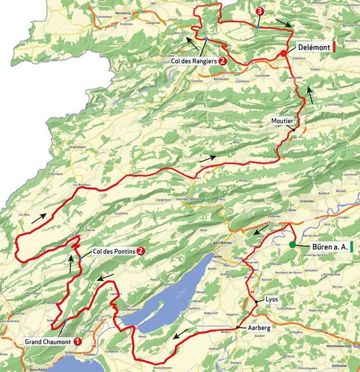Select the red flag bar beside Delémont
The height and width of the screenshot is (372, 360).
point(334,48)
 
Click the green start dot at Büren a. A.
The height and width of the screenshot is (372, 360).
point(292,245)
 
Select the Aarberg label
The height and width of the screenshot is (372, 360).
point(261,328)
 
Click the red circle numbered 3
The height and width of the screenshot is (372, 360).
point(258,12)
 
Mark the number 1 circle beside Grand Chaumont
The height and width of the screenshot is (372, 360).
point(78,341)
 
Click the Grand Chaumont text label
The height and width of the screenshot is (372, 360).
point(46,341)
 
